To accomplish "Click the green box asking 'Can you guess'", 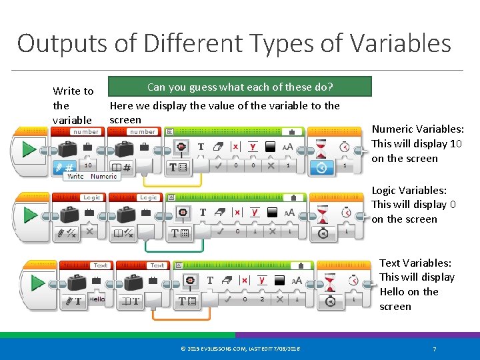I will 240,87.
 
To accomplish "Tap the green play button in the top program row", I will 28,149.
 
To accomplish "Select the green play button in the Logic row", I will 28,215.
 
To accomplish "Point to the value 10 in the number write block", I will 88,165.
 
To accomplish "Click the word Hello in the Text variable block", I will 97,299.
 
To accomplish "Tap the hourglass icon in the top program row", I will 321,147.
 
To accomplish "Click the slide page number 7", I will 434,349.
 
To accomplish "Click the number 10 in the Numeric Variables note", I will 456,144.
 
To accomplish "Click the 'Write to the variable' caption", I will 73,105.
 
